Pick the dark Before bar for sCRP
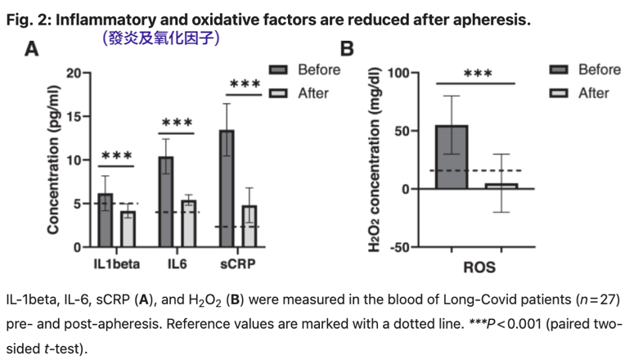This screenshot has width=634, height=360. click(x=227, y=188)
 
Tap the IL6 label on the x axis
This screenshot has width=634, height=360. click(x=177, y=264)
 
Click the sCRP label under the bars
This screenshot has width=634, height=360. click(x=238, y=264)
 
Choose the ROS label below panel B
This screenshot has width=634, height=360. click(x=479, y=267)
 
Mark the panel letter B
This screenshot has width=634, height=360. click(x=347, y=50)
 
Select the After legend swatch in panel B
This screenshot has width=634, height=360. click(x=559, y=93)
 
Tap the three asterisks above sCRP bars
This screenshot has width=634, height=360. click(x=245, y=84)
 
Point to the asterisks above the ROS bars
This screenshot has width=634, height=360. click(x=477, y=74)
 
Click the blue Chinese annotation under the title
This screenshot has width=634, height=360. click(x=160, y=38)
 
